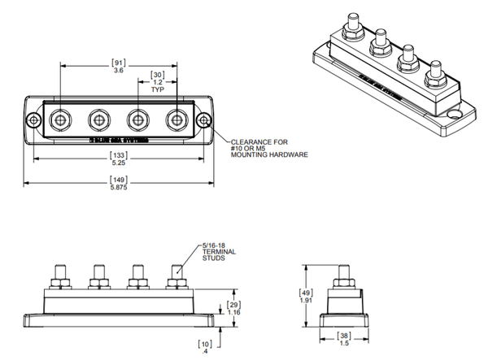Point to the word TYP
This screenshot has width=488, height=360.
pos(159,92)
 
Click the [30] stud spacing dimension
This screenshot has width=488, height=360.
pos(159,76)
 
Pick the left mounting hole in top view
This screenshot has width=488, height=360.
pos(33,120)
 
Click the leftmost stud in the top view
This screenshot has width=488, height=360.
pos(60,120)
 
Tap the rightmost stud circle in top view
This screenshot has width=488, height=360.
pos(177,120)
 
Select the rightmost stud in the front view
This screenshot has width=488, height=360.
pos(175,275)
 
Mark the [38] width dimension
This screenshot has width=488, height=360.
pos(343,337)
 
